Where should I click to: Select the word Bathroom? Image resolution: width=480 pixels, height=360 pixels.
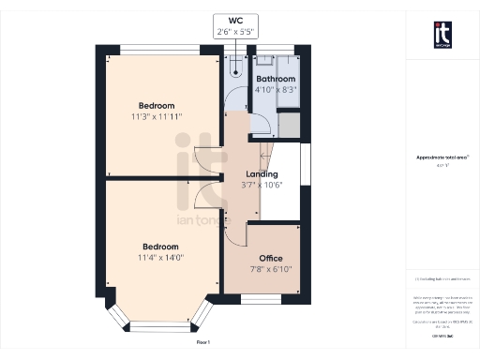coord(277,79)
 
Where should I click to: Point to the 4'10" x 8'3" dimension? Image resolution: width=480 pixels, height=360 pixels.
coord(277,90)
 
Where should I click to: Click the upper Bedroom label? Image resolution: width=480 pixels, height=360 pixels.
coord(157,104)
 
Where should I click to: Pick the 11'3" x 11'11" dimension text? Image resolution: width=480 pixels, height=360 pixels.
coord(157,116)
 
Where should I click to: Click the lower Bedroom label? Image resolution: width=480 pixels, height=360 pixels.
coord(157,246)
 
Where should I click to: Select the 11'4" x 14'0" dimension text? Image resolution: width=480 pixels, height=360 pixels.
coord(157,258)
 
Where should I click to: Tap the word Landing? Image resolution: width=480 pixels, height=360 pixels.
coord(262,174)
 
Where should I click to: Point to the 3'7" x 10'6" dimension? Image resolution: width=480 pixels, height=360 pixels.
coord(262,186)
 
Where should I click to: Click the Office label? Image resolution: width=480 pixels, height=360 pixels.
coord(270,258)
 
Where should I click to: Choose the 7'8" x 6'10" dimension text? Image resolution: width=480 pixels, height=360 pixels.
coord(270,270)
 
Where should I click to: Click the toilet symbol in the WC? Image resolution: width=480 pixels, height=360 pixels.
coord(235,66)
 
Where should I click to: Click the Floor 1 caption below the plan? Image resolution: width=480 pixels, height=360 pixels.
coord(203,343)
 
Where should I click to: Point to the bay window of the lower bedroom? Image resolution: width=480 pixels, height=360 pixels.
coord(157,324)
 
